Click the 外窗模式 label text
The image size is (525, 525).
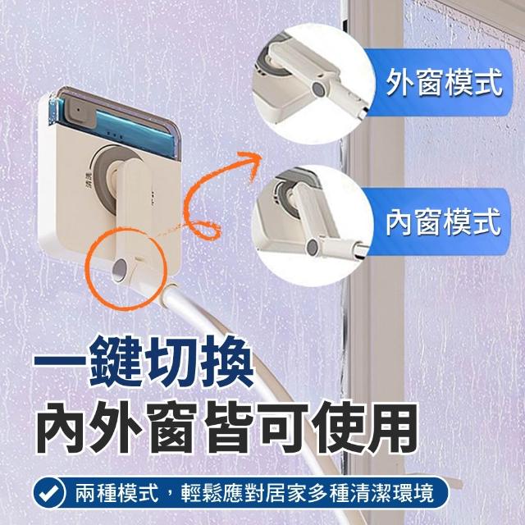pos(444,83)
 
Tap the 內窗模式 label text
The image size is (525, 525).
pos(444,221)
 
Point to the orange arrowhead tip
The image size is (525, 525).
pos(261,156)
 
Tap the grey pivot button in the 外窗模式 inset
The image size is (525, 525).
pos(317,89)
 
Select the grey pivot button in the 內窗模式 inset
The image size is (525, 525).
pos(313,247)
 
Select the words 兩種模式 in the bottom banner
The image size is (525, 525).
pos(116,493)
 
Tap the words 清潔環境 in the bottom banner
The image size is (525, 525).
pos(392,493)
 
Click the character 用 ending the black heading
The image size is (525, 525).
pos(395,428)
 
